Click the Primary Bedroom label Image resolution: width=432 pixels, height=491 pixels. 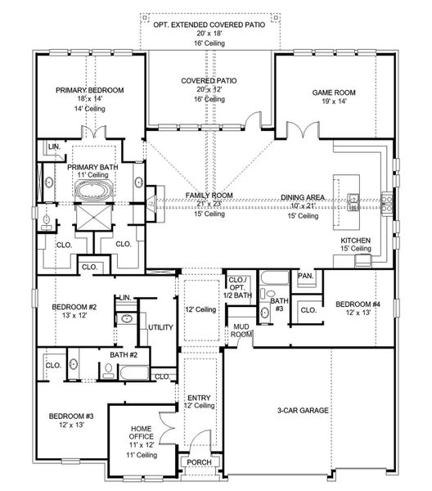89,90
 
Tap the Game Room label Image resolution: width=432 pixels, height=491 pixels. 334,92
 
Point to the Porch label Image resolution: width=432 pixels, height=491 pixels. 199,462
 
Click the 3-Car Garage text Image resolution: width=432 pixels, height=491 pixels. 303,410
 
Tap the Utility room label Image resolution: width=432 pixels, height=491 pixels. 160,327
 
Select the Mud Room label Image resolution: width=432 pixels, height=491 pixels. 241,331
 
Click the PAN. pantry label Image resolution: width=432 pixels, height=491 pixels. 305,276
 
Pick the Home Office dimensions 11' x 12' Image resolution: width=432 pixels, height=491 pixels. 142,445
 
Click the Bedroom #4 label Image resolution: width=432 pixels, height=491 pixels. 358,304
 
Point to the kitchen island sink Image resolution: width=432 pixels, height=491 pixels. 353,202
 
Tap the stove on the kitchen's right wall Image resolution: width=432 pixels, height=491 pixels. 387,205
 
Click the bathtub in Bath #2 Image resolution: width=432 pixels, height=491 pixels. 133,372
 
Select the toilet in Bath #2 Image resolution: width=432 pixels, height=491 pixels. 109,371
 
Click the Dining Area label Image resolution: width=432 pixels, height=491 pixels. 303,197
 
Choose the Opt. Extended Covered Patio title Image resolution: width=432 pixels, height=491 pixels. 209,25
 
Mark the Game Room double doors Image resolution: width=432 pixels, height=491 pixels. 303,129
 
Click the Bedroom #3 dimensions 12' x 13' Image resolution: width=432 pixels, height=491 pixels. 71,425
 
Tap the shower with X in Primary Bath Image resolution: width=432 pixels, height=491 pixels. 94,218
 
